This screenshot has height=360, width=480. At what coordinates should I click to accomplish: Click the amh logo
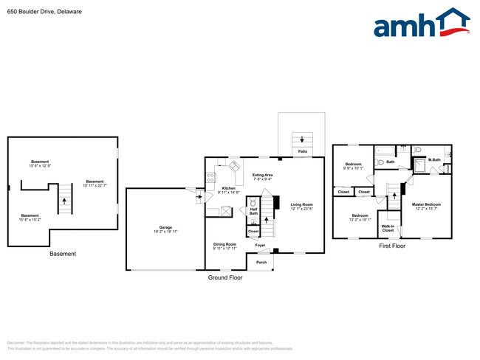coord(421,24)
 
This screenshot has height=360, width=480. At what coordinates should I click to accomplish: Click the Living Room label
coord(301,207)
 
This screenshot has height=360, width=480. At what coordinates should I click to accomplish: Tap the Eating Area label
coord(262,176)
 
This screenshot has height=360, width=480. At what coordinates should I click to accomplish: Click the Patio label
coord(303,151)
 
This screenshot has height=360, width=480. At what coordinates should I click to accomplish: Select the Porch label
coord(261,262)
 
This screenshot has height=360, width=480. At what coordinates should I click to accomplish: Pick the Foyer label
coord(261,245)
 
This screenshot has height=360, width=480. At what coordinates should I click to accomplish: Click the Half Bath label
coord(253,211)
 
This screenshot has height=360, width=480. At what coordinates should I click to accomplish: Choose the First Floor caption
coord(392,246)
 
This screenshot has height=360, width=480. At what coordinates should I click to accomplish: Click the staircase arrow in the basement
coord(64,199)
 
